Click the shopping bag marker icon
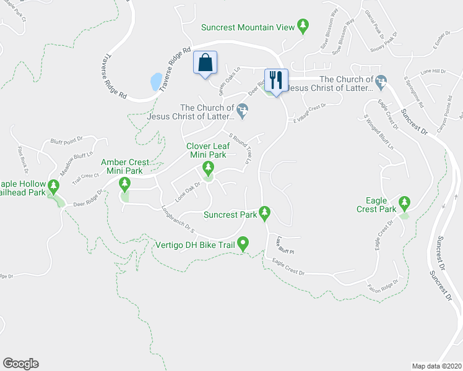pos(206,63)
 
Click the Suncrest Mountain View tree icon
pos(303,26)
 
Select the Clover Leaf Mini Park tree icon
pos(208,168)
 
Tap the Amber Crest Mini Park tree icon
pos(125,183)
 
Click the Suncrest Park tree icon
pos(265,213)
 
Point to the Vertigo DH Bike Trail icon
pos(244,245)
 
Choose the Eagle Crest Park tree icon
pos(405,202)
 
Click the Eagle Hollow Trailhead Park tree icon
pos(54,185)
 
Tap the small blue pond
pos(155,81)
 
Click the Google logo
pos(20,363)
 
